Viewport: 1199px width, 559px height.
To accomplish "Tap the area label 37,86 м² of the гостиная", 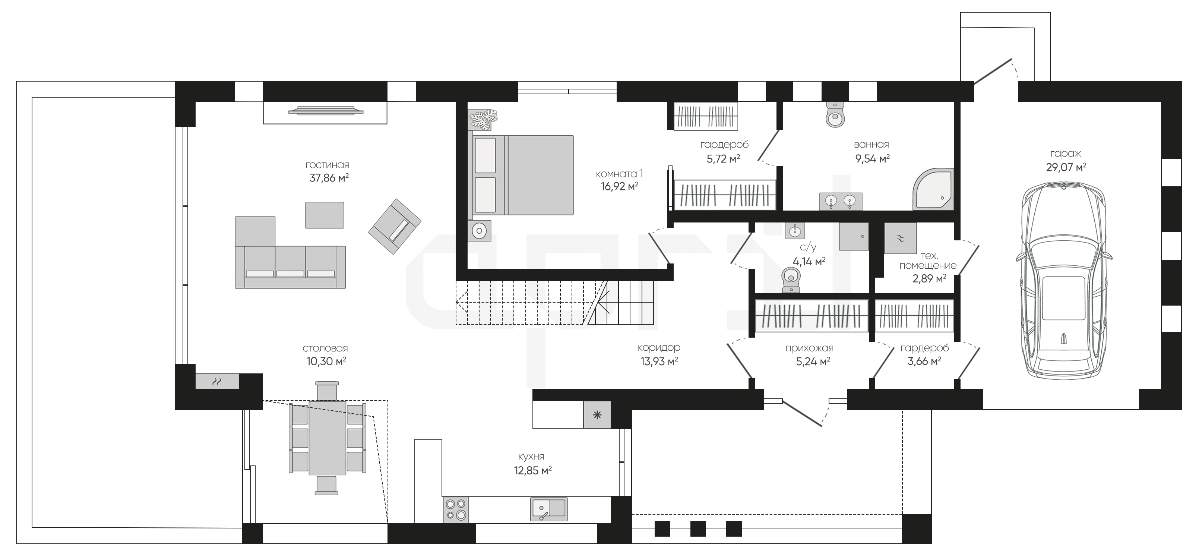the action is pyautogui.click(x=329, y=178).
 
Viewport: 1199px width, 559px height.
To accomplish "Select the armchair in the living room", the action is pyautogui.click(x=395, y=226).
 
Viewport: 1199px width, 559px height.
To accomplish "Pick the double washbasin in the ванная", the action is pyautogui.click(x=841, y=202).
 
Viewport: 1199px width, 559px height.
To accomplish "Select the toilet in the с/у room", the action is pyautogui.click(x=790, y=280).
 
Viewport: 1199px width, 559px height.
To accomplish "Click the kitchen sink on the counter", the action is pyautogui.click(x=549, y=509).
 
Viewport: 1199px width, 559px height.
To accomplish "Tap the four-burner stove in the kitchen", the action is pyautogui.click(x=456, y=509).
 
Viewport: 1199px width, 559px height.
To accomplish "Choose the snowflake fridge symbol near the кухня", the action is pyautogui.click(x=597, y=414).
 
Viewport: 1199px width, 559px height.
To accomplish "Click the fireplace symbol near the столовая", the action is pyautogui.click(x=217, y=382).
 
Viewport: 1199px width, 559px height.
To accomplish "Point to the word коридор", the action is pyautogui.click(x=659, y=348).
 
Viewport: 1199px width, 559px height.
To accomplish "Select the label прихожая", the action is pyautogui.click(x=809, y=348).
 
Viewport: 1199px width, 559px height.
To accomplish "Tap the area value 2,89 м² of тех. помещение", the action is pyautogui.click(x=929, y=279).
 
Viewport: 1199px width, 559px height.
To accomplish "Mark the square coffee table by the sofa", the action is pyautogui.click(x=325, y=215).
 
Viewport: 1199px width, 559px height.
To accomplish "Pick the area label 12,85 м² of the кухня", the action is pyautogui.click(x=532, y=471).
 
